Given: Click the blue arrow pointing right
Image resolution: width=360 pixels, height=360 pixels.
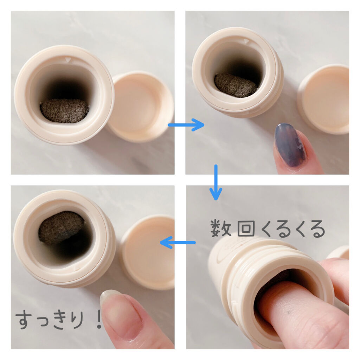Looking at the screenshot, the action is pos(186,125).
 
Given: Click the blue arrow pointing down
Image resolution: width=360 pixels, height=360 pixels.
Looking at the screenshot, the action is pos(216,182).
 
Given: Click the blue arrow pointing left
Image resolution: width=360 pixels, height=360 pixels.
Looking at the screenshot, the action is pos(178,243).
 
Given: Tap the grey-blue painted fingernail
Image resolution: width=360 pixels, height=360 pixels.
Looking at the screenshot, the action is pos(290,144).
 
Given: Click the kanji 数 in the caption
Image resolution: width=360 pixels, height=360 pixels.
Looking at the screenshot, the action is pos(221,229).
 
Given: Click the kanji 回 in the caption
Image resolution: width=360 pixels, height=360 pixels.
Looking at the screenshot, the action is pos(246,229).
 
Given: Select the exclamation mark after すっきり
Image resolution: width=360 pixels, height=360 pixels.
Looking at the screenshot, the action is pos(99,320).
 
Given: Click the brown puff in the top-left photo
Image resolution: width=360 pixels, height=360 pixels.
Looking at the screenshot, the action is pos(65,111).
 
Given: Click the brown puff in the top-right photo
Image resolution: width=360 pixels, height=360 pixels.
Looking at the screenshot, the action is pos(236,85).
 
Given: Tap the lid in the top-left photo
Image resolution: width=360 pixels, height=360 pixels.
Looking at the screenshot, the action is pos(140,107).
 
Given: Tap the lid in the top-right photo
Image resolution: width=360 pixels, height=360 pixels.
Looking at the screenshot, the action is pos(324,99).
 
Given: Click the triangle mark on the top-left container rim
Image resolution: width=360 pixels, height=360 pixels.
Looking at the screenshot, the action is pos(67,60).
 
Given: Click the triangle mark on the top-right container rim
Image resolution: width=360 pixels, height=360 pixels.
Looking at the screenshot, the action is pos(246,41).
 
